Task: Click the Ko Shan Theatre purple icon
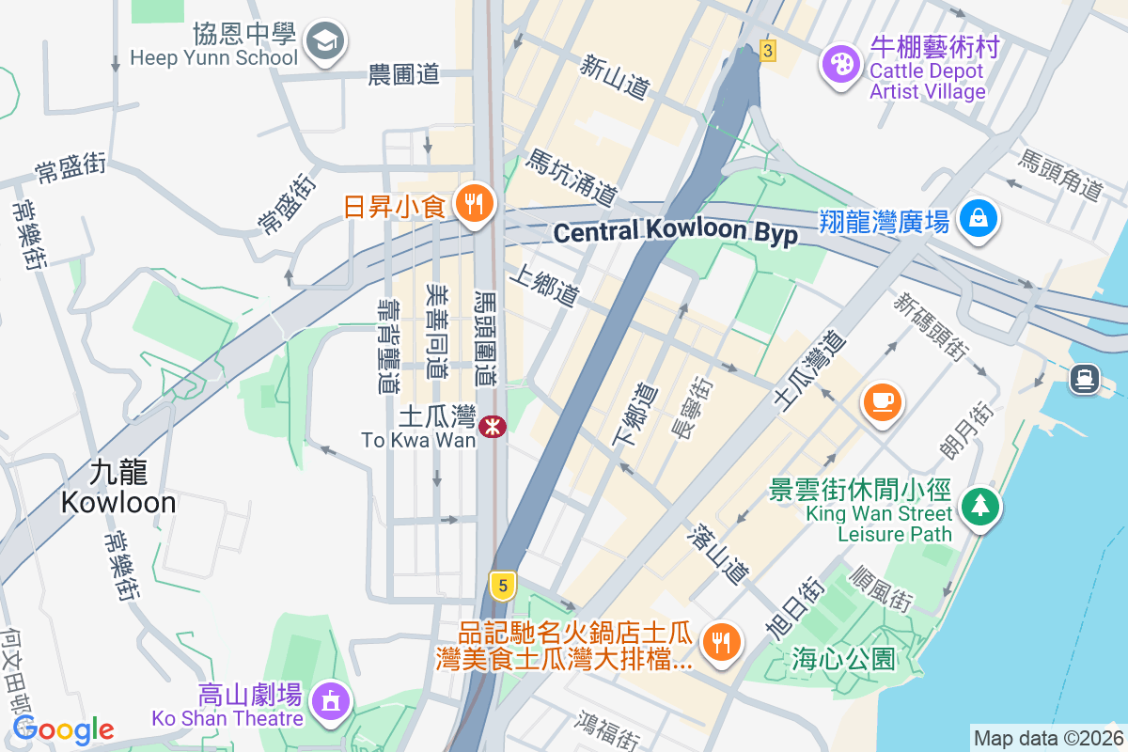coord(330,701)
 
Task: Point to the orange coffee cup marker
coord(882,401)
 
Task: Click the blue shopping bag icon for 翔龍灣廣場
coord(979,219)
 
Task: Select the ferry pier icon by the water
coord(1085,378)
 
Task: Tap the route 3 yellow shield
coord(768,52)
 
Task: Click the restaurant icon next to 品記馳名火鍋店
coord(721,642)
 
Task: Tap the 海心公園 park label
coord(843,658)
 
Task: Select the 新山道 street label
coord(615,78)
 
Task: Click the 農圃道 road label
coord(405,75)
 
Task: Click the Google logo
coord(63,729)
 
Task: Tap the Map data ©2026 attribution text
coord(1047,739)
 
